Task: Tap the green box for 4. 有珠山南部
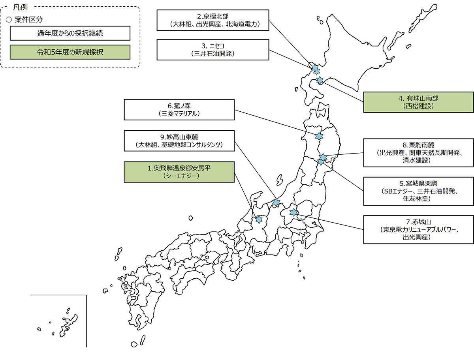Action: coord(418,102)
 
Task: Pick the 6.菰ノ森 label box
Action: coord(179,110)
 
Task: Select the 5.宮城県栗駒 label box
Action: coord(418,191)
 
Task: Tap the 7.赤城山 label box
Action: coord(418,229)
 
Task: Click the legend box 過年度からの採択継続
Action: coord(70,33)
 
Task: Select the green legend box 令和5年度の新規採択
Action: coord(70,52)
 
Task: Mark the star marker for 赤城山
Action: coord(293,212)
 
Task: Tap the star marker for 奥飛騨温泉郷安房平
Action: coord(259,219)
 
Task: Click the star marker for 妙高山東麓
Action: coord(276,202)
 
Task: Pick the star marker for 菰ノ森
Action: coord(319,136)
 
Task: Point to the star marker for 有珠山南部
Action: coord(320,80)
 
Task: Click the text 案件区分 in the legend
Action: coord(28,20)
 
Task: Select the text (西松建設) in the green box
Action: coord(418,106)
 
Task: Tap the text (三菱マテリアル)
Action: coord(179,114)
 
